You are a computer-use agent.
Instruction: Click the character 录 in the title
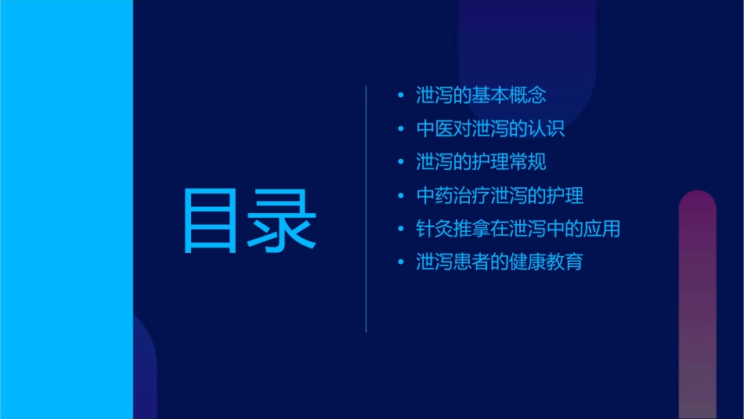click(x=282, y=220)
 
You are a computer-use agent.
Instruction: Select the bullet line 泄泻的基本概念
click(x=481, y=96)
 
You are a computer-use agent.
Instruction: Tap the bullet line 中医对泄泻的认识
click(x=490, y=129)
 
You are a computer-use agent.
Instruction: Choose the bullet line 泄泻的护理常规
click(x=481, y=162)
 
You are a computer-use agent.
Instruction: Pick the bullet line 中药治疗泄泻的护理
click(x=500, y=196)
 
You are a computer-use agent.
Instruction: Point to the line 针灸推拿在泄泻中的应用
click(x=518, y=229)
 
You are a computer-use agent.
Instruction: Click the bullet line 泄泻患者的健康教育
click(x=500, y=262)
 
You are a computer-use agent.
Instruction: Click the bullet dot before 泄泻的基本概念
click(x=401, y=96)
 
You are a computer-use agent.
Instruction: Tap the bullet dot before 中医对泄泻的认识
click(x=401, y=129)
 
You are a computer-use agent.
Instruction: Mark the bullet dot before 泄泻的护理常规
click(x=401, y=163)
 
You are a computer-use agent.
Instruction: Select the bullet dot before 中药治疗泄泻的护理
click(x=401, y=196)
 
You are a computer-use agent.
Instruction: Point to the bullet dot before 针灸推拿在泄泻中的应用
click(x=401, y=229)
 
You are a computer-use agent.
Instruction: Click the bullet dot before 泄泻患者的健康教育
click(x=401, y=262)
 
